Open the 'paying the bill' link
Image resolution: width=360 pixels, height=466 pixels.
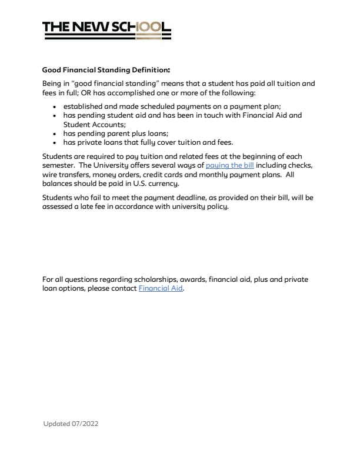click(229, 166)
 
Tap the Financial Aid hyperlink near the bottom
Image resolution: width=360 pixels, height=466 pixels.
click(161, 289)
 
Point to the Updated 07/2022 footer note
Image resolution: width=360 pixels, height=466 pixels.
click(75, 424)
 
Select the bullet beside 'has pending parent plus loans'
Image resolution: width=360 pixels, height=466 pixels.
click(54, 134)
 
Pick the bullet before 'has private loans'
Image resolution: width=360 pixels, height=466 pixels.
click(54, 142)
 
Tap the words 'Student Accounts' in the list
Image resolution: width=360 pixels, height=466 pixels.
click(94, 125)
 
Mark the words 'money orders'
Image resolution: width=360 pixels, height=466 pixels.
click(111, 175)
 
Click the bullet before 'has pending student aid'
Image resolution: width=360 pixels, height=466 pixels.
click(54, 116)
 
